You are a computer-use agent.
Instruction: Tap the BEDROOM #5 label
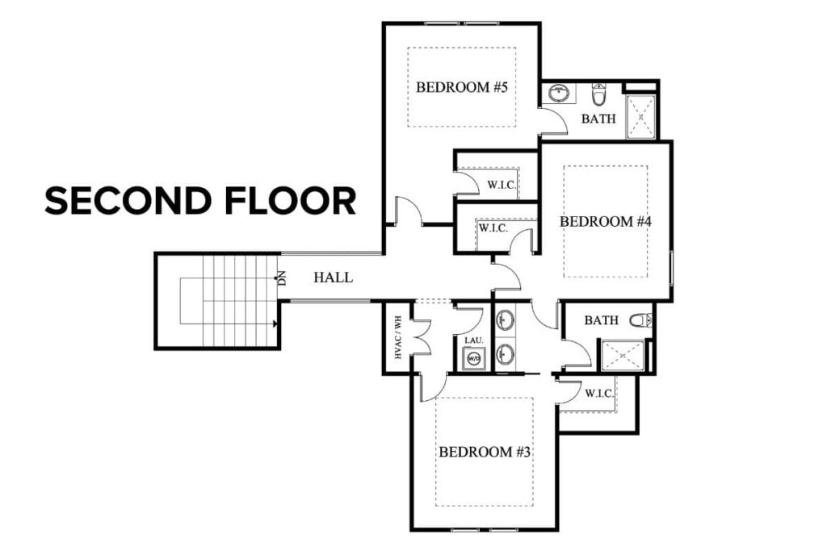coord(461,87)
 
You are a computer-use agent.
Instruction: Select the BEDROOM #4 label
coord(605,221)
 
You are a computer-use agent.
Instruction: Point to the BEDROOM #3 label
coord(484,452)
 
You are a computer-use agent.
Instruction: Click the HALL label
coord(333,278)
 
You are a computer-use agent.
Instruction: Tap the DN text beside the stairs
coord(282,279)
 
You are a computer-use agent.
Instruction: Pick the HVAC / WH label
coord(396,337)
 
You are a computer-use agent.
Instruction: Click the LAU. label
coord(473,340)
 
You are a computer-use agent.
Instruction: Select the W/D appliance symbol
coord(473,359)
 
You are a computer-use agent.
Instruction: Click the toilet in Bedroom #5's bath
coord(598,95)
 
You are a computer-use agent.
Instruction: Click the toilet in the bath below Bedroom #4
coord(640,320)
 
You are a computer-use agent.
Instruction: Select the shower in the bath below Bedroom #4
coord(621,357)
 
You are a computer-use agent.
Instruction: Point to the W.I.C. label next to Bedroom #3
coord(598,394)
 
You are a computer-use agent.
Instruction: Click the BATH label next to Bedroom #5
coord(598,119)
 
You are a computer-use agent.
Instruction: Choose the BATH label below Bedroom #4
coord(601,320)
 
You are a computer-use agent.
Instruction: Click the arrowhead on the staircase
coord(275,324)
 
